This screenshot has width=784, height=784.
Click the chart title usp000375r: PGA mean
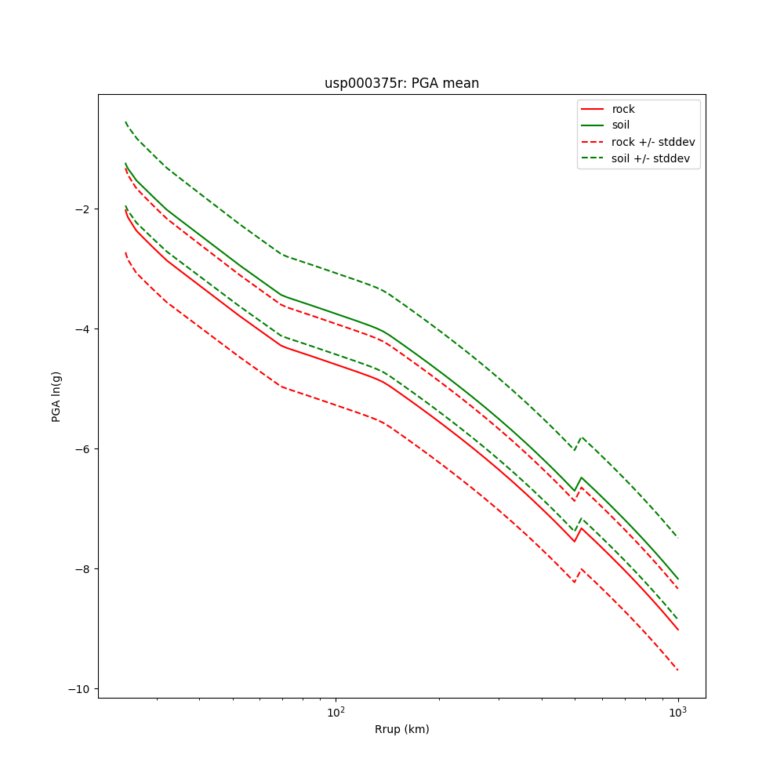(x=401, y=83)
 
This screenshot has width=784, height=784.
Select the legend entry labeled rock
(x=623, y=109)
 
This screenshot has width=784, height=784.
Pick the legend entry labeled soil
(x=620, y=125)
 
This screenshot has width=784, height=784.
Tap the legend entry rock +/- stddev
(x=653, y=142)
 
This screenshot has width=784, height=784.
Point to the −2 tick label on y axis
(x=80, y=209)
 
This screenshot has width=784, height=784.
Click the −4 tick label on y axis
(x=80, y=329)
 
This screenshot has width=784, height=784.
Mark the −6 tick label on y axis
(x=80, y=449)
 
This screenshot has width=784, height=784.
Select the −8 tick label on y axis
(x=80, y=569)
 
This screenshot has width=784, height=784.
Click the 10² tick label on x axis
(x=336, y=712)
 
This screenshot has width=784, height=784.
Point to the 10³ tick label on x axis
(x=677, y=712)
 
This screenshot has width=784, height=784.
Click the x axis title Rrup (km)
(x=401, y=729)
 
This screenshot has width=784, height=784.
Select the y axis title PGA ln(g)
(x=56, y=396)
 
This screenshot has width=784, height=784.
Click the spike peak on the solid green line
(x=581, y=477)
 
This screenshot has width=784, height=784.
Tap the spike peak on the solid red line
(x=581, y=528)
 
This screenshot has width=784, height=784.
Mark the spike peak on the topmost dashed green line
(x=581, y=437)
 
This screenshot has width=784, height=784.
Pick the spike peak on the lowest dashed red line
(x=581, y=568)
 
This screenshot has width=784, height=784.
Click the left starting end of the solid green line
(x=125, y=163)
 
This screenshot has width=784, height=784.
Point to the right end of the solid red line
(x=678, y=630)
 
